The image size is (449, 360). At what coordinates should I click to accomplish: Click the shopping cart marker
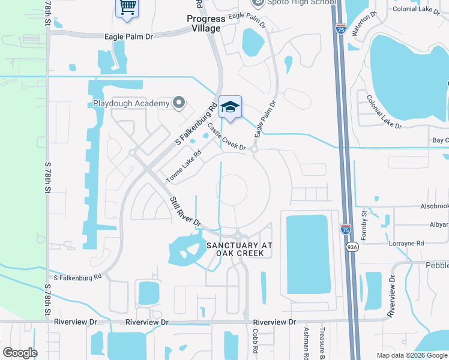pyautogui.click(x=127, y=8)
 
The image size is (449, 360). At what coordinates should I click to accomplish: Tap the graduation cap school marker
pyautogui.click(x=230, y=107)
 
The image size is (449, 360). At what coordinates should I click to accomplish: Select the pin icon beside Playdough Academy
pyautogui.click(x=178, y=103)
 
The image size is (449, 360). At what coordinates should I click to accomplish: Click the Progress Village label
pyautogui.click(x=202, y=23)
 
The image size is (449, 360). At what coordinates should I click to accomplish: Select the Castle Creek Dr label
pyautogui.click(x=227, y=137)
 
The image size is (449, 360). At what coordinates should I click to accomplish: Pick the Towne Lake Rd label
pyautogui.click(x=182, y=166)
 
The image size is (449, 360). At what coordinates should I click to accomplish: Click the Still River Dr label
pyautogui.click(x=185, y=211)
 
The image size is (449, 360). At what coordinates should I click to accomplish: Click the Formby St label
pyautogui.click(x=364, y=226)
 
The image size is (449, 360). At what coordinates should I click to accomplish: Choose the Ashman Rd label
pyautogui.click(x=306, y=340)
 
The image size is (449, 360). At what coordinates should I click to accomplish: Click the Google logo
pyautogui.click(x=20, y=352)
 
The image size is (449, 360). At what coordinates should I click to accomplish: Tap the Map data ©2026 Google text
pyautogui.click(x=412, y=355)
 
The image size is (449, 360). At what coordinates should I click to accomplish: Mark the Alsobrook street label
pyautogui.click(x=435, y=205)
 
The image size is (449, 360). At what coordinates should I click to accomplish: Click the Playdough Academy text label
pyautogui.click(x=131, y=104)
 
